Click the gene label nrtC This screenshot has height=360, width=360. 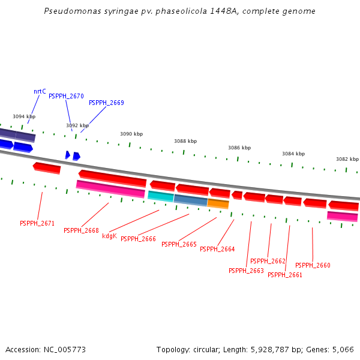pos(40,92)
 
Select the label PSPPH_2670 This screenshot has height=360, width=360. pos(66,96)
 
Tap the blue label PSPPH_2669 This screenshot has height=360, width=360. pos(106,103)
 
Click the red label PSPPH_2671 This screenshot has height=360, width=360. pos(37,223)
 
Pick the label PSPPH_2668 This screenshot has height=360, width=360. pos(81,230)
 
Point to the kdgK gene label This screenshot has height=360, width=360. pos(109,236)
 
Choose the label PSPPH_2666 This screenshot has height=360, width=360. pos(138,239)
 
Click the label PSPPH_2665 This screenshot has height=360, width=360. pos(179,244)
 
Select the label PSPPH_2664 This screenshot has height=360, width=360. pos(217,249)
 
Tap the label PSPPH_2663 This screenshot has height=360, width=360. pos(246,271)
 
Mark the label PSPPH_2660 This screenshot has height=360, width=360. pos(313,265)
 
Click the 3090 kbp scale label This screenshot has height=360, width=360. pos(131,134)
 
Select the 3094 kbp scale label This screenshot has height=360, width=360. pos(24,116)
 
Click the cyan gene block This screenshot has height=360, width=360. pos(160,196)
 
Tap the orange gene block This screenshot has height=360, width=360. pos(218,203)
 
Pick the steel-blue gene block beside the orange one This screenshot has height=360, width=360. pos(190,199)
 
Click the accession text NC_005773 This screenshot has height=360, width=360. pos(64,349)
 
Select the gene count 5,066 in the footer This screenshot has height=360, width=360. pos(344,349)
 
